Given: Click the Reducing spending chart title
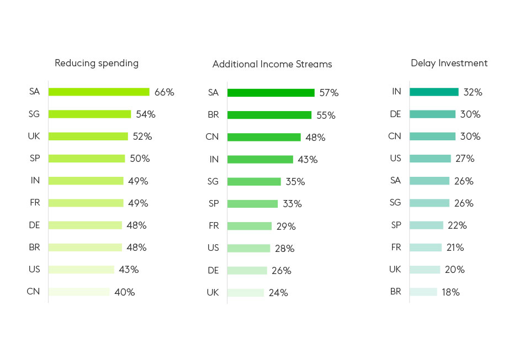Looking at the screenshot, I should click(x=97, y=63).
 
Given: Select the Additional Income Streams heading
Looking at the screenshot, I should click(x=272, y=64).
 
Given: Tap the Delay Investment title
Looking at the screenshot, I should click(x=449, y=63).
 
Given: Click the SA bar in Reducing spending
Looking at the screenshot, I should click(x=99, y=92).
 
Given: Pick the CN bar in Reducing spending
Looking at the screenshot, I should click(x=79, y=292).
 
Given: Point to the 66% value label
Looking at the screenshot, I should click(x=164, y=92).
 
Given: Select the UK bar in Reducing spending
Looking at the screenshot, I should click(x=88, y=136).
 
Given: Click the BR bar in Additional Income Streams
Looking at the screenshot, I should click(x=269, y=115).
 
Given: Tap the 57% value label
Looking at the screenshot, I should click(x=329, y=93).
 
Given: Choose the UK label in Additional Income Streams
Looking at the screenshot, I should click(x=213, y=292).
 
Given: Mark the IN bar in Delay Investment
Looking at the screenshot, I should click(x=434, y=92).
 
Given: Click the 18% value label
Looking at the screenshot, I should click(x=451, y=292).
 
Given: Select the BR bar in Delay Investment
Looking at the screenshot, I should click(x=423, y=292).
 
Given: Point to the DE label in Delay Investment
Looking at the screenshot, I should click(x=395, y=114).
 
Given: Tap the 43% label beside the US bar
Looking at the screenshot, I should click(x=129, y=270).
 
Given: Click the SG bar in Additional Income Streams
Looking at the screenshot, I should click(x=254, y=182).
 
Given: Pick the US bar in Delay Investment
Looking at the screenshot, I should click(x=430, y=159).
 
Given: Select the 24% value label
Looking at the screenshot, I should click(x=278, y=293).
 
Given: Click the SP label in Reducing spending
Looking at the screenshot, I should click(x=34, y=158).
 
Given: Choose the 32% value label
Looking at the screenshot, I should click(x=473, y=92).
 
